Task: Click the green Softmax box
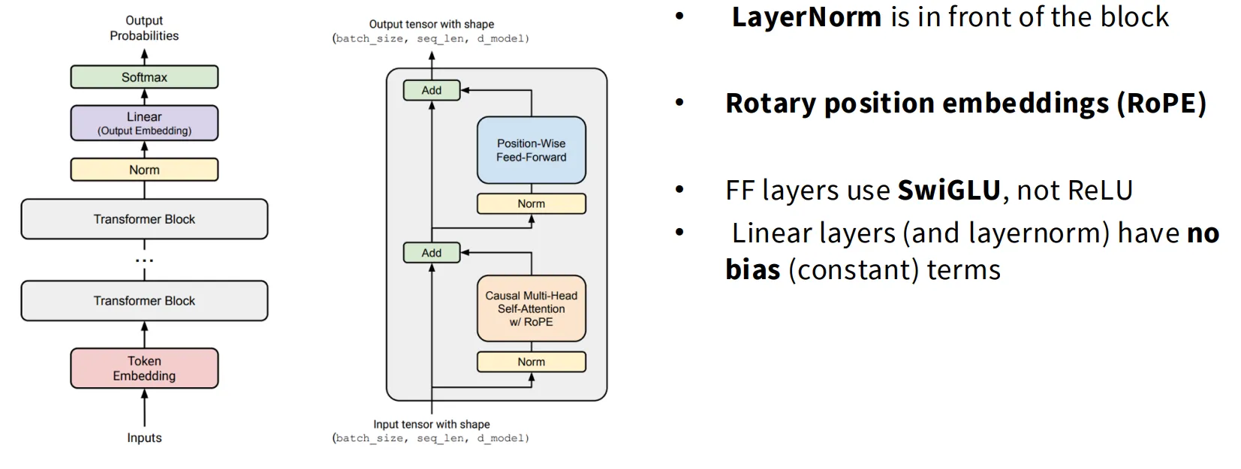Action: click(144, 77)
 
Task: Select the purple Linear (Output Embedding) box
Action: click(144, 123)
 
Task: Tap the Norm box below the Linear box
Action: click(144, 170)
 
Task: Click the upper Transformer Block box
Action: click(144, 219)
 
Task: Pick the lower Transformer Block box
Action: click(144, 301)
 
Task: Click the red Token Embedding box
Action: click(144, 368)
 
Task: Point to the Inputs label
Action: click(144, 437)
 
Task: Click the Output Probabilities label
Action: click(144, 29)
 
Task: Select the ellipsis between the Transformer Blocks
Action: click(144, 260)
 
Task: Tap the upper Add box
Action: click(432, 90)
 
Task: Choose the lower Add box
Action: click(432, 252)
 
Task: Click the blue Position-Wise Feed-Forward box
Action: click(532, 150)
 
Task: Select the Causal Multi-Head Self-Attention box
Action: click(532, 308)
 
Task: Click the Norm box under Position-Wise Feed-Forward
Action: click(532, 204)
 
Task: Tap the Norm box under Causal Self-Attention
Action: click(532, 362)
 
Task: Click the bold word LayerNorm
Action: click(806, 17)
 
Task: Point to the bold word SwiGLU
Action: click(949, 191)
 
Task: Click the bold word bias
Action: click(753, 269)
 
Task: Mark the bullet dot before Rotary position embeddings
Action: click(679, 103)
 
